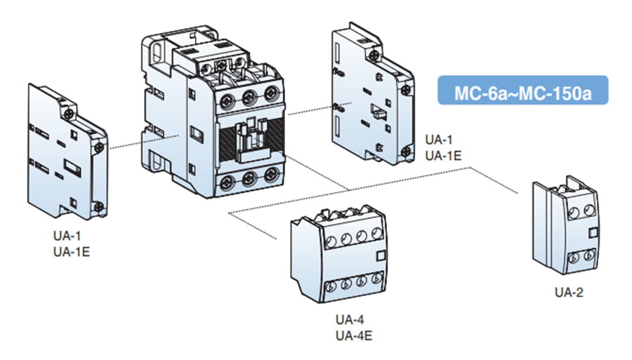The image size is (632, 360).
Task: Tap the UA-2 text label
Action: tap(569, 291)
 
